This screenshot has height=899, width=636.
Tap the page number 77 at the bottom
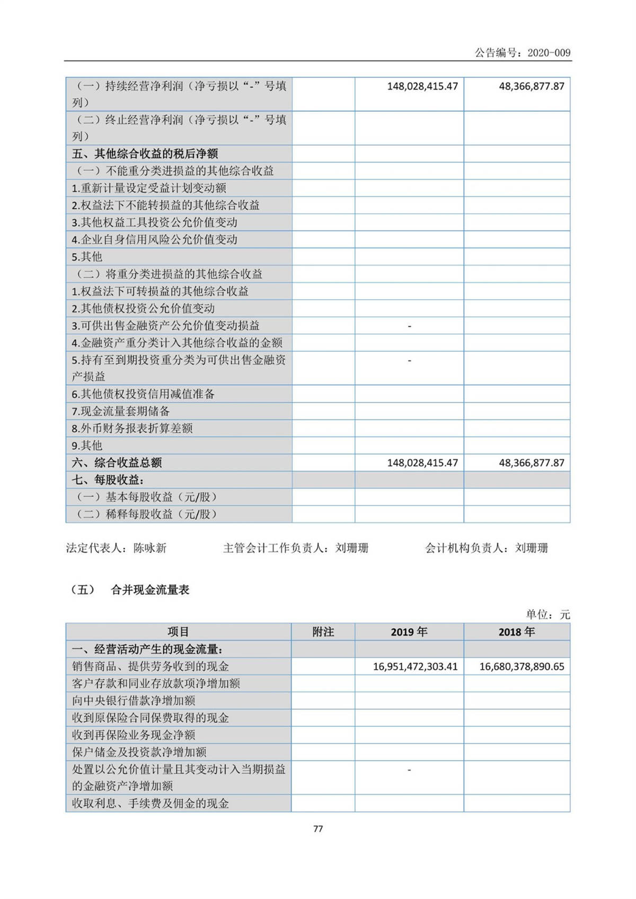pyautogui.click(x=318, y=829)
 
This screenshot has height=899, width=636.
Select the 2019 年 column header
pyautogui.click(x=409, y=631)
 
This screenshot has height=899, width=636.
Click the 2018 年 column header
pyautogui.click(x=517, y=631)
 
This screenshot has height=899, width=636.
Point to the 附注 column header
pyautogui.click(x=323, y=631)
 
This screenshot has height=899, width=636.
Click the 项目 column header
pyautogui.click(x=178, y=631)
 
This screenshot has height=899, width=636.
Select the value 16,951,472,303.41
pyautogui.click(x=415, y=666)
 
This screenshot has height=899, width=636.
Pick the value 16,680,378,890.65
pyautogui.click(x=522, y=666)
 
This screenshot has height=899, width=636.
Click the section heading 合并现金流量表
pyautogui.click(x=150, y=590)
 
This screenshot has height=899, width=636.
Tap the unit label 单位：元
pyautogui.click(x=547, y=615)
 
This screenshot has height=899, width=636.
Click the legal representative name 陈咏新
pyautogui.click(x=150, y=548)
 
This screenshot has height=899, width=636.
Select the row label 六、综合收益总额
pyautogui.click(x=117, y=462)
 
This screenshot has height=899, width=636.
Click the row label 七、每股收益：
pyautogui.click(x=108, y=480)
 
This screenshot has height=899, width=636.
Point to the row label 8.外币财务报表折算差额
pyautogui.click(x=132, y=428)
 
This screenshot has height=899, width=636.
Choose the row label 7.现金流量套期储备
pyautogui.click(x=121, y=411)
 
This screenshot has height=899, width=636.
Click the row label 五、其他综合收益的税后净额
pyautogui.click(x=145, y=154)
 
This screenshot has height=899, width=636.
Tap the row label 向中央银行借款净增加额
pyautogui.click(x=134, y=700)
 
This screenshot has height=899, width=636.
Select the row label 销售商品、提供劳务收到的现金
pyautogui.click(x=151, y=666)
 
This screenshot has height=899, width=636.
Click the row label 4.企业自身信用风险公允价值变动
pyautogui.click(x=155, y=239)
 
